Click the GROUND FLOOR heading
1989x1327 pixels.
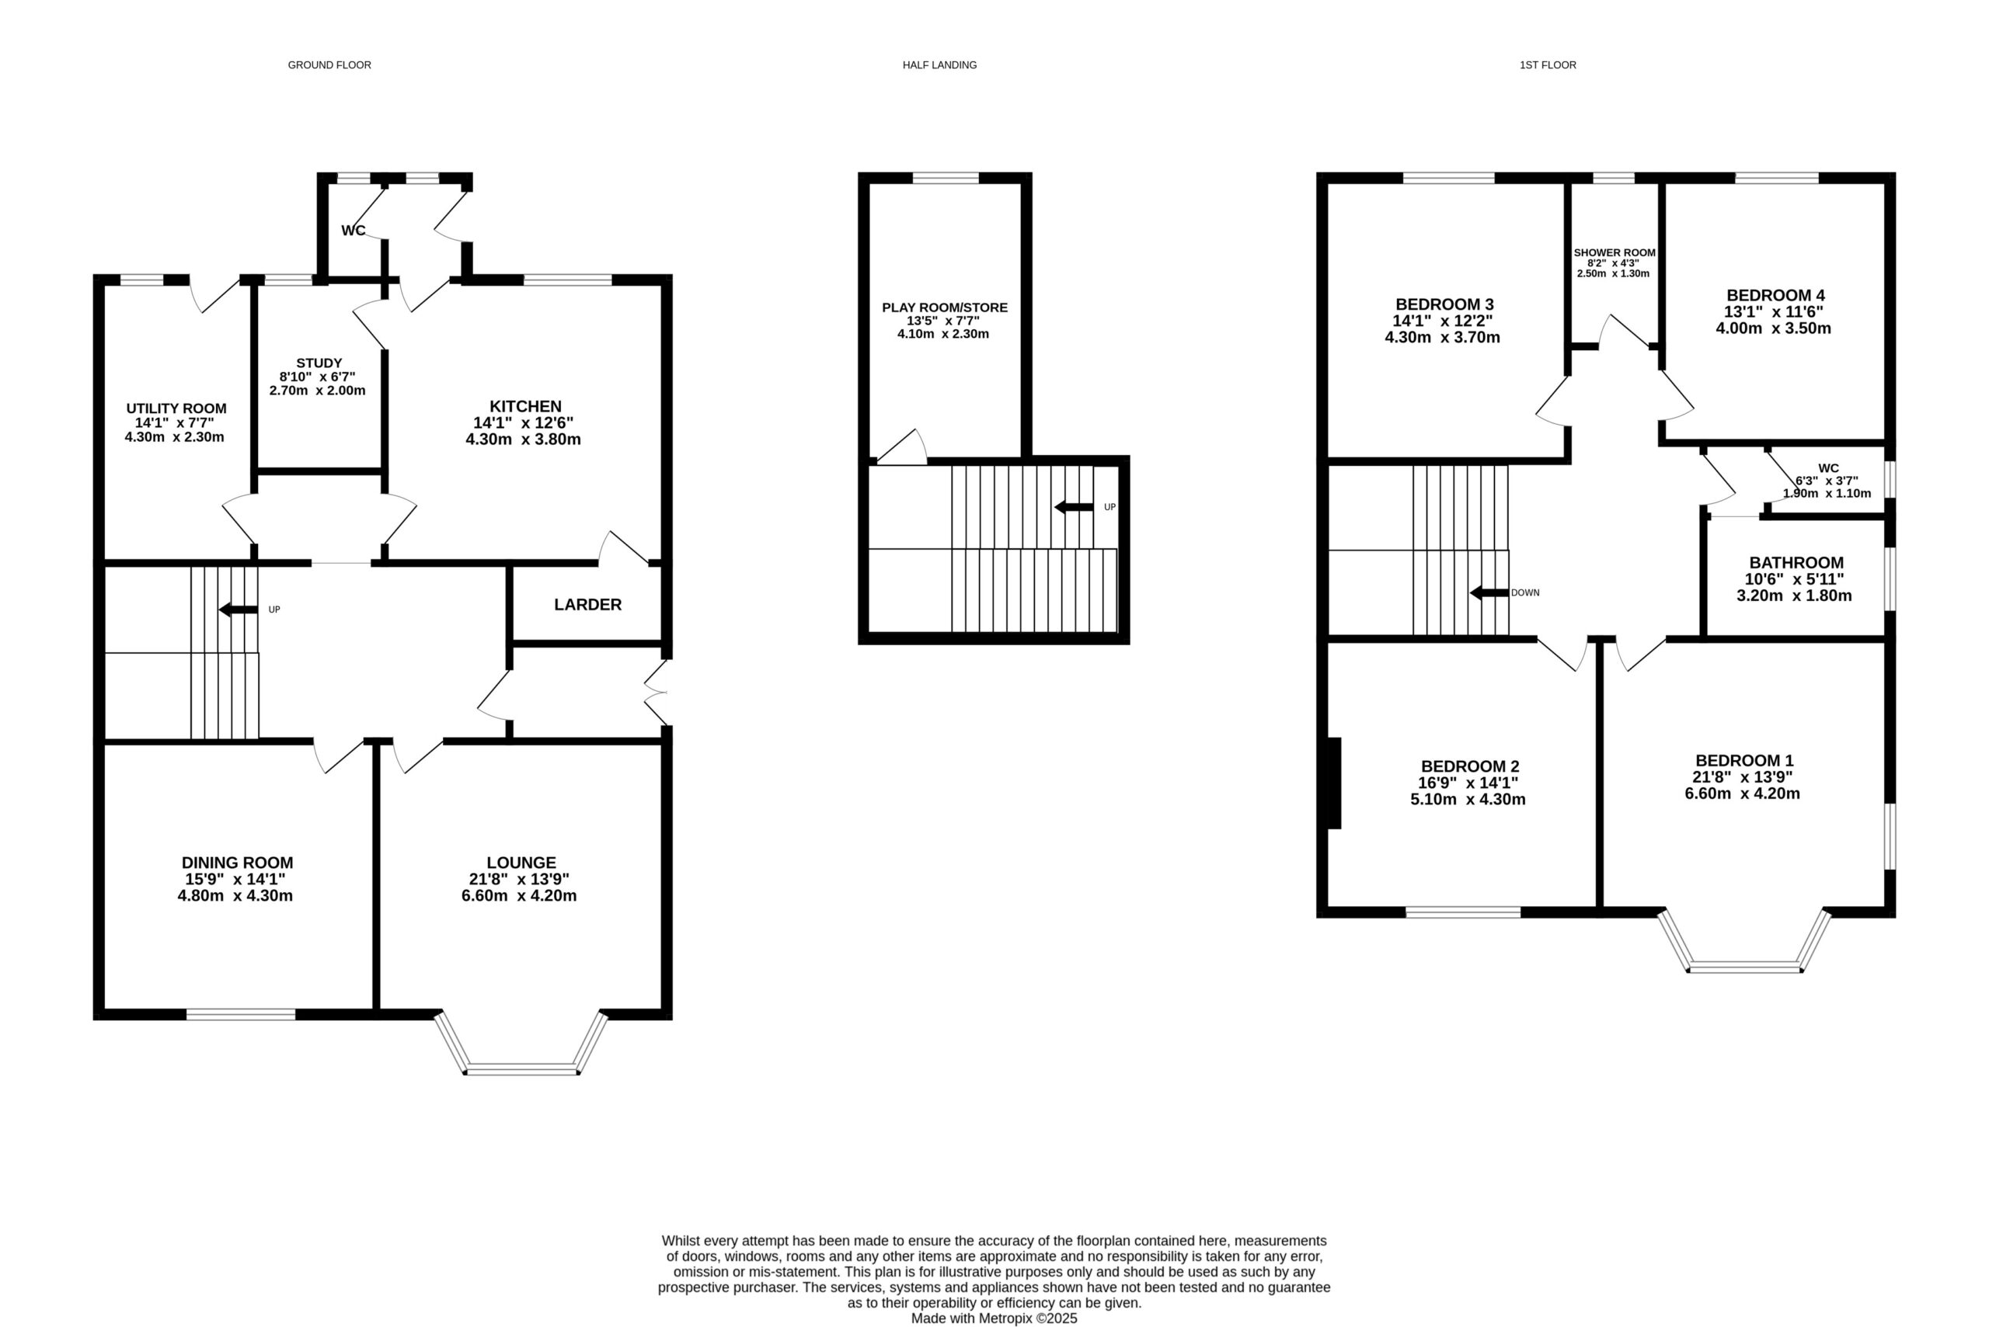(x=329, y=65)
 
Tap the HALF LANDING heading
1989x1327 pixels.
(x=939, y=65)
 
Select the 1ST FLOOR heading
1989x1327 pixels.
(x=1548, y=65)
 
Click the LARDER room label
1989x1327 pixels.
(x=587, y=604)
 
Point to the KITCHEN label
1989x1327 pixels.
(x=525, y=406)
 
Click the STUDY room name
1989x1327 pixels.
(x=319, y=363)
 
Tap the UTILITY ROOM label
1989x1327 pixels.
(x=176, y=408)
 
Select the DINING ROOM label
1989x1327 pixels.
(x=237, y=863)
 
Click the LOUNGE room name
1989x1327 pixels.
(x=521, y=863)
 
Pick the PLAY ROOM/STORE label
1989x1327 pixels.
(x=945, y=307)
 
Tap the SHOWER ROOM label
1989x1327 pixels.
(x=1615, y=252)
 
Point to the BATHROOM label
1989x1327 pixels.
(x=1797, y=563)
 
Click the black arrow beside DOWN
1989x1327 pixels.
(x=1489, y=593)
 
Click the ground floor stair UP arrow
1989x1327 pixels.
(x=238, y=610)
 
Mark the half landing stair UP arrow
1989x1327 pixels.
(x=1074, y=507)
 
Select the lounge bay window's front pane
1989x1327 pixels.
(x=521, y=1070)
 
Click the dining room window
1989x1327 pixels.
(x=242, y=1014)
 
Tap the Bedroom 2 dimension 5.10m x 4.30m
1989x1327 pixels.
(x=1468, y=799)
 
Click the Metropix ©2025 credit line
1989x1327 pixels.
(x=994, y=1318)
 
